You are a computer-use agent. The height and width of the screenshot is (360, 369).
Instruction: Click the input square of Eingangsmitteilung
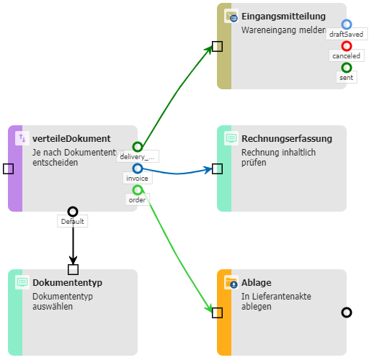pos(217,46)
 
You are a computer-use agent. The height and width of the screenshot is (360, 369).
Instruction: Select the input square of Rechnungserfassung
pos(217,168)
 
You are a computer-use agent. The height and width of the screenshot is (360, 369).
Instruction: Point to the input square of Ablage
pos(217,312)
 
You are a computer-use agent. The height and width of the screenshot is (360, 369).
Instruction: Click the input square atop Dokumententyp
pos(73,269)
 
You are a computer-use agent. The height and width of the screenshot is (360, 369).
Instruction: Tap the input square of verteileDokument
pos(8,168)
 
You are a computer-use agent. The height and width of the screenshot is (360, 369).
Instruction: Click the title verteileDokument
pos(71,138)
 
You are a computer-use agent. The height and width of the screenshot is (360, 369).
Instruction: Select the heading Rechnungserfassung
pos(287,138)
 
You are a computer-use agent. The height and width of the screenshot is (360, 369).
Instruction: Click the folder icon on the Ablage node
pos(231,282)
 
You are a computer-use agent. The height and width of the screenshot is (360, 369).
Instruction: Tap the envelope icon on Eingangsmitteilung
pos(231,16)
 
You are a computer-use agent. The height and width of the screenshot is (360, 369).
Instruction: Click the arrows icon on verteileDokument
pos(22,138)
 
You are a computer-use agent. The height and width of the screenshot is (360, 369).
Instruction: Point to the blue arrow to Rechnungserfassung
pos(177,173)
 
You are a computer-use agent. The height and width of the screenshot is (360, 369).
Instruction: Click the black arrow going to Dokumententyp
pos(73,240)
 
